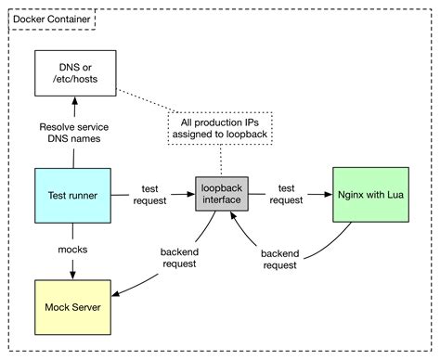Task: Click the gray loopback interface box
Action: (220, 195)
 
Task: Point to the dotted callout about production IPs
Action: (220, 131)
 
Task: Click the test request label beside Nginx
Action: (286, 194)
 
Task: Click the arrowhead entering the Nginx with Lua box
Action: (328, 195)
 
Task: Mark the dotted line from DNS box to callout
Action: (149, 102)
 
